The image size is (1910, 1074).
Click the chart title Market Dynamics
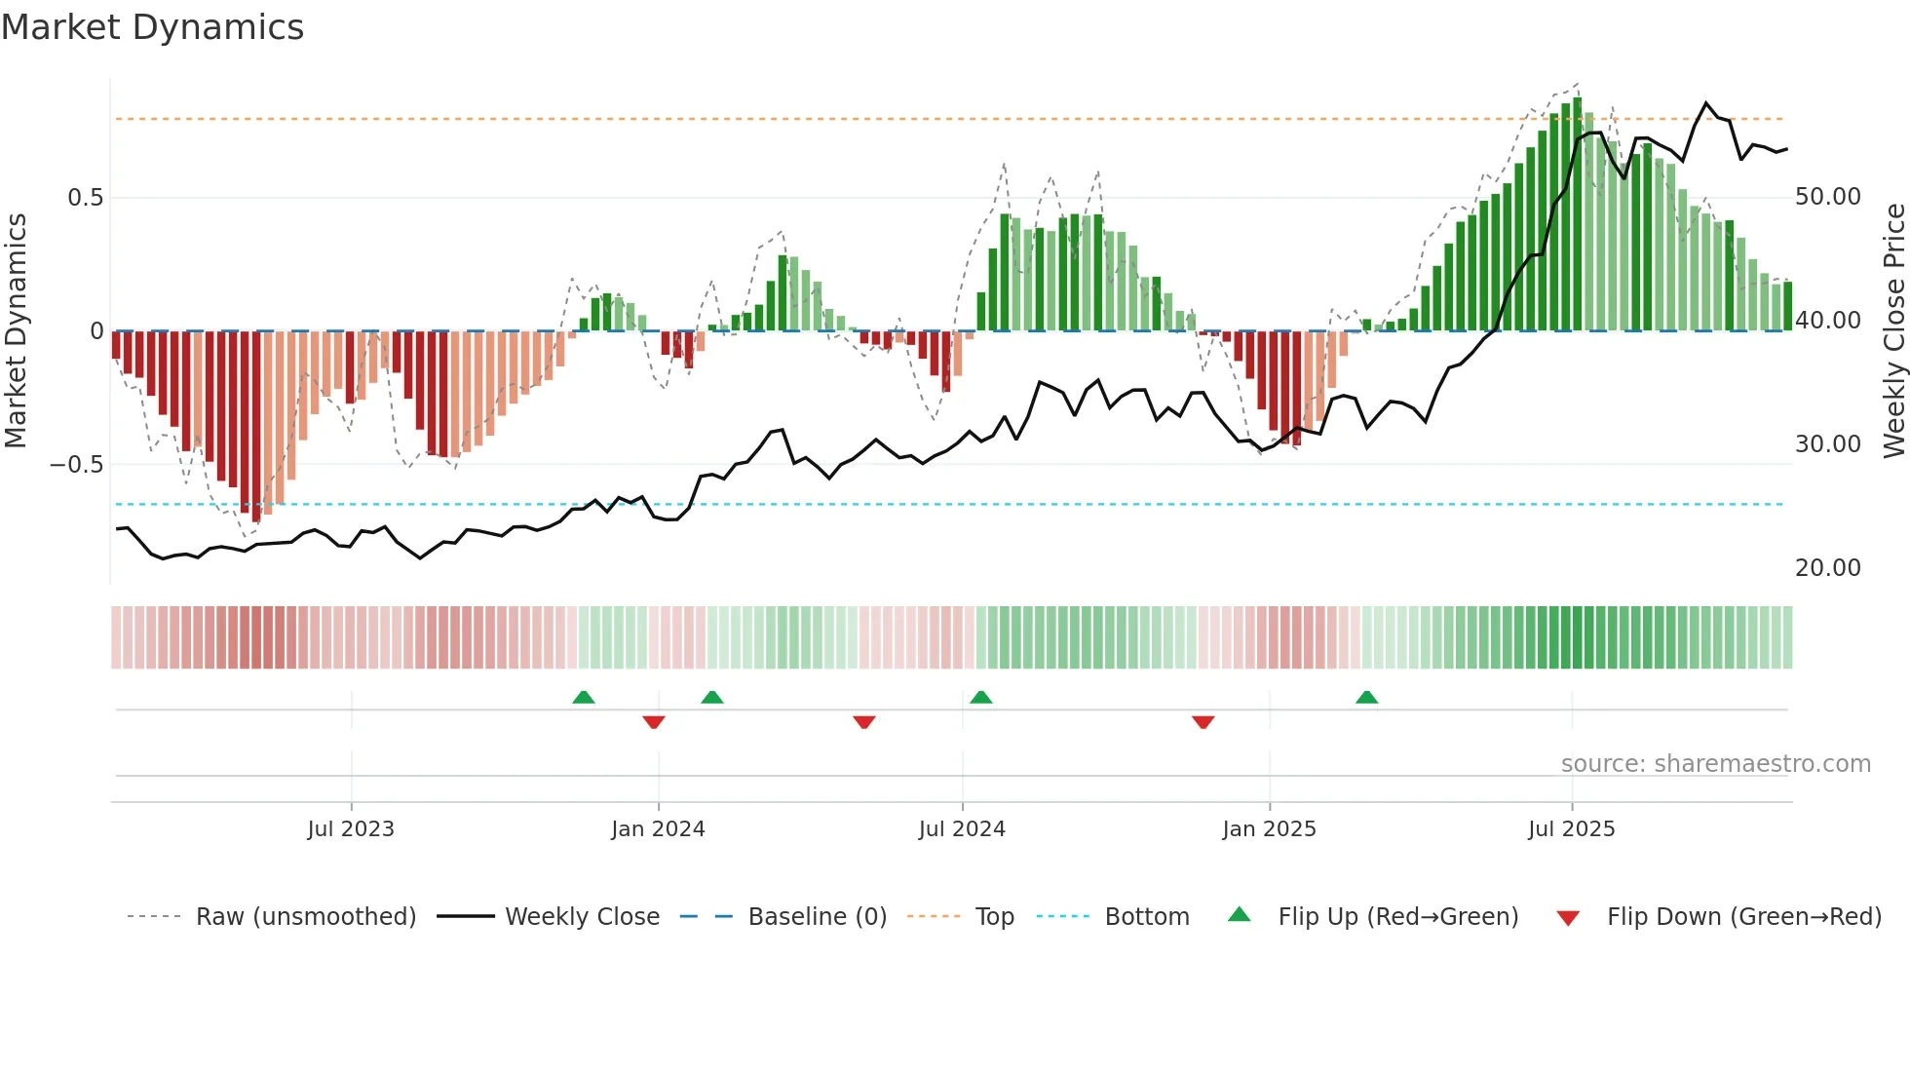pos(152,27)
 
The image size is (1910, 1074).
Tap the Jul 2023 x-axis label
pos(351,829)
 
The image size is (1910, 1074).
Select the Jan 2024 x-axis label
pos(658,829)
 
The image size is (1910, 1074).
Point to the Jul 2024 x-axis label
pos(962,829)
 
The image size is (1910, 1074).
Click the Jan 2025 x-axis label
pos(1269,829)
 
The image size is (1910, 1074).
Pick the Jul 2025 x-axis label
pos(1571,829)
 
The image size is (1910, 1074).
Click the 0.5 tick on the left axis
pos(85,198)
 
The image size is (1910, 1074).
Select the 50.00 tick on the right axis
pos(1827,197)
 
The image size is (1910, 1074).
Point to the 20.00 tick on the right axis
pos(1827,568)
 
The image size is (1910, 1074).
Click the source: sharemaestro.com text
pos(1715,764)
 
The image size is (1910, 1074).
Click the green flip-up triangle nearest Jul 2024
pos(981,698)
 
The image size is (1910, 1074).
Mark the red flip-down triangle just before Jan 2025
pos(1203,722)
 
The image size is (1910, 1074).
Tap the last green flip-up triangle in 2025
pos(1366,698)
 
